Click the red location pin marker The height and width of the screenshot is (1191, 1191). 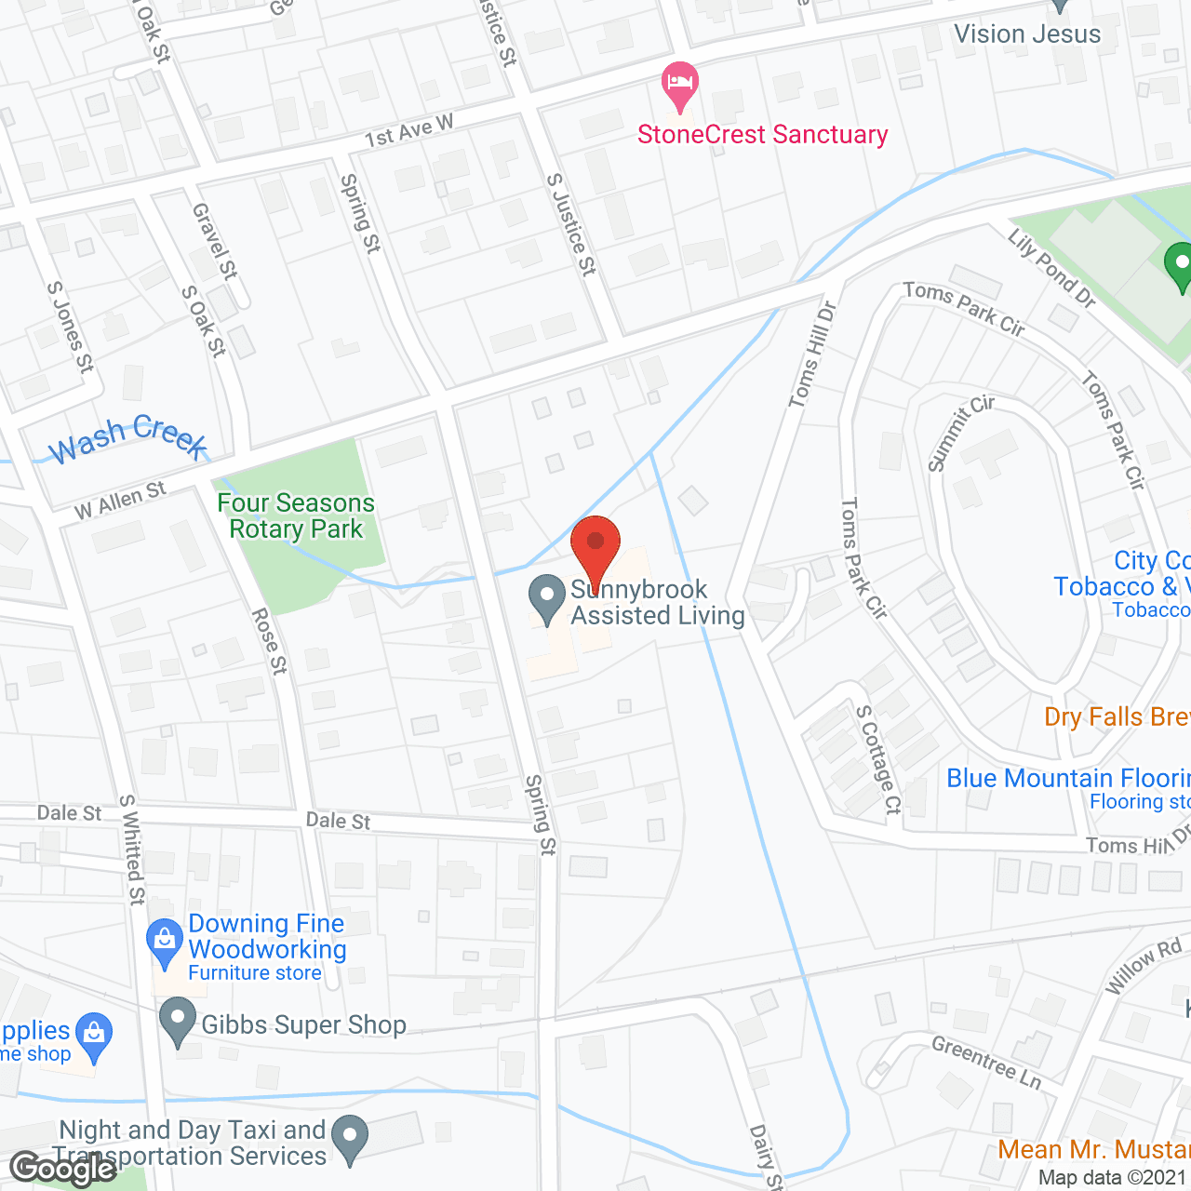pos(595,549)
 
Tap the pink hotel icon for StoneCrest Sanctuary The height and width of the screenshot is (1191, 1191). pos(680,85)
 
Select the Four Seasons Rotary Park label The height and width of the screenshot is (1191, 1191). pos(296,516)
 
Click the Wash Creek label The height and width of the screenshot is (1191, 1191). pos(127,438)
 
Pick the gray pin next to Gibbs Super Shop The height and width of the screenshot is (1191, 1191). pos(177,1022)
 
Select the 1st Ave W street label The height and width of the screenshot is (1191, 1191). pos(408,131)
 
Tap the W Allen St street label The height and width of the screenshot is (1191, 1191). pos(119,501)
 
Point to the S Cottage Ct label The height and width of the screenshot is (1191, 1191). pos(879,759)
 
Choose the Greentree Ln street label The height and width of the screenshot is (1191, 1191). pos(986,1062)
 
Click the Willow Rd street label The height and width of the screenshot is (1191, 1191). pos(1143,967)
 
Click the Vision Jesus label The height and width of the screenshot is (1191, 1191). pos(1027,34)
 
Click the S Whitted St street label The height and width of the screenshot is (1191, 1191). pos(133,850)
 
